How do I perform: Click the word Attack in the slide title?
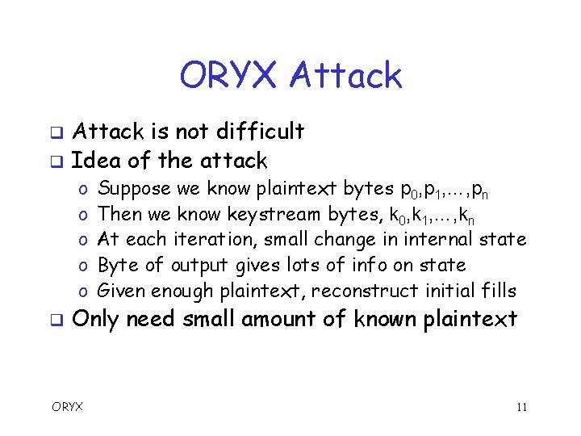[345, 76]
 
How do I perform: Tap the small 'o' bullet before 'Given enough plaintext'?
[84, 291]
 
